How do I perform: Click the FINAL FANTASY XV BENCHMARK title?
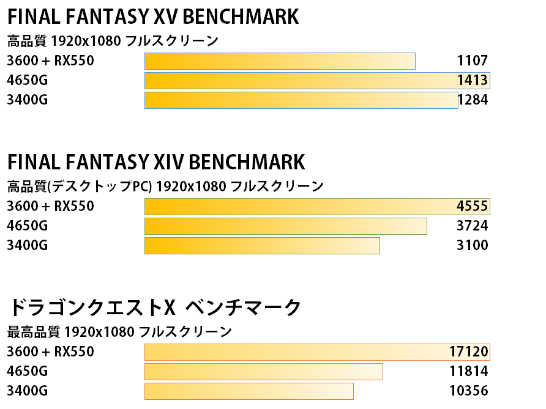point(153,17)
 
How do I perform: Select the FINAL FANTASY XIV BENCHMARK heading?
point(155,162)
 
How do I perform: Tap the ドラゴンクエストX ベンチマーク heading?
point(155,308)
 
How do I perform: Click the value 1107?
point(472,61)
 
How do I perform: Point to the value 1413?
point(472,80)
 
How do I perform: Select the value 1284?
point(473,100)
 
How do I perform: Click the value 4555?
point(472,206)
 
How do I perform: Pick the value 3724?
point(472,226)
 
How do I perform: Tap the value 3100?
point(472,245)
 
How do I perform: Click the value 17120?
point(468,352)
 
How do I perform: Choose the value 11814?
point(468,371)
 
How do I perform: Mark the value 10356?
point(468,391)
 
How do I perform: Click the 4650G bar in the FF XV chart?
point(317,81)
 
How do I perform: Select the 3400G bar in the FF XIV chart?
point(262,245)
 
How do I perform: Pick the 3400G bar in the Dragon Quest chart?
point(249,391)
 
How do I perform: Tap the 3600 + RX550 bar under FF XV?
point(280,61)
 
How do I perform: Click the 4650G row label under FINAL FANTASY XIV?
point(27,226)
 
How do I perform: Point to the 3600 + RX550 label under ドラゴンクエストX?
point(50,352)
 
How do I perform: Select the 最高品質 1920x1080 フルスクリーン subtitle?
point(119,332)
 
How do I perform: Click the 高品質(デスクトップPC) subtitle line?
point(165,186)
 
